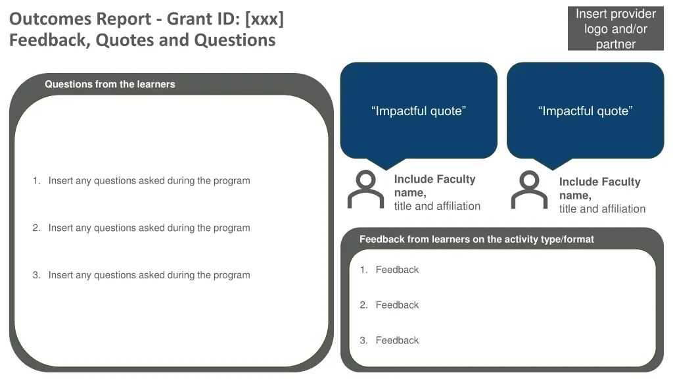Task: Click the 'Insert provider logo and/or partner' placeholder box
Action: click(615, 29)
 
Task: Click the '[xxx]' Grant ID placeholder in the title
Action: click(264, 18)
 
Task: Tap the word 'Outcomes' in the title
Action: click(50, 18)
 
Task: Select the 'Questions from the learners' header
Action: click(110, 84)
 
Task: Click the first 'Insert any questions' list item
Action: click(149, 181)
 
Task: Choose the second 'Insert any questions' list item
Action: click(149, 228)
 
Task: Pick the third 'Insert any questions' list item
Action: click(149, 276)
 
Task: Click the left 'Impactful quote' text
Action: click(419, 111)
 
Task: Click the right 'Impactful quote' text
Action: click(585, 111)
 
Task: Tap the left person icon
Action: click(365, 189)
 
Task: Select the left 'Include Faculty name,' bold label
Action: click(434, 186)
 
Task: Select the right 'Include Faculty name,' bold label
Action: click(599, 188)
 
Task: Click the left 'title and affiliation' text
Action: click(437, 207)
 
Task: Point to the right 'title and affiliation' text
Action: click(602, 209)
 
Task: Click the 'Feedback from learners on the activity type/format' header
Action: click(476, 240)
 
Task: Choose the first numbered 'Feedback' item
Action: click(396, 270)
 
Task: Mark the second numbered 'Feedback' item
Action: click(396, 305)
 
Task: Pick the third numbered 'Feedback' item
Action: click(396, 341)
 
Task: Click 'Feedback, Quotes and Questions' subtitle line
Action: click(142, 40)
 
